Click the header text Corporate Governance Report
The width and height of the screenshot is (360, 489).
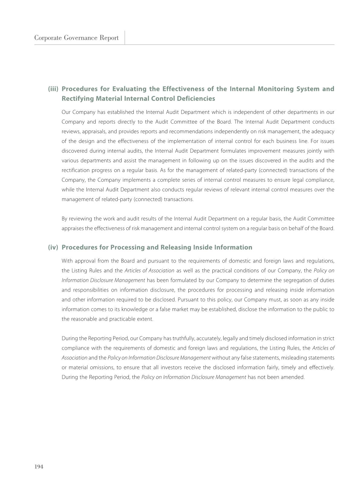76,38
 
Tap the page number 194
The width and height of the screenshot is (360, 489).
39,467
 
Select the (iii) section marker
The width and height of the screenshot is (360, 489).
53,89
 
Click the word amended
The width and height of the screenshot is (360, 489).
293,377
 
